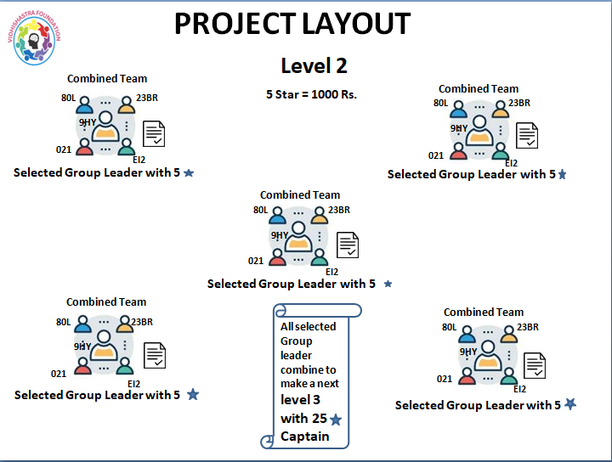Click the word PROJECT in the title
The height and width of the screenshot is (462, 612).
point(229,24)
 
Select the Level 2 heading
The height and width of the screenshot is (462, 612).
point(314,66)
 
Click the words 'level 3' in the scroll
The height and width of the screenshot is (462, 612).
point(301,399)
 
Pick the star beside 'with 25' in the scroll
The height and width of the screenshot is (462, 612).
point(336,420)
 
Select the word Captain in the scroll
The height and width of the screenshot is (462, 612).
point(305,437)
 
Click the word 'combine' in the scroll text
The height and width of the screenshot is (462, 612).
point(298,370)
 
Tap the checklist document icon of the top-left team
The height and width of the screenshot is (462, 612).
point(154,133)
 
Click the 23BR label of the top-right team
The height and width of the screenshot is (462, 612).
point(518,104)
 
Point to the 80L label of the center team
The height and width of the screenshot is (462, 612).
point(260,210)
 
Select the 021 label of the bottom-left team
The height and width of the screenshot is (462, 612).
point(59,374)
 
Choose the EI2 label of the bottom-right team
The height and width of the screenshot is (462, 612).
point(519,389)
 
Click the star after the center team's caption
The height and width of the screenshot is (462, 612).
point(388,284)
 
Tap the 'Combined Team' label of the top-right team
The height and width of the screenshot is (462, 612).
point(479,88)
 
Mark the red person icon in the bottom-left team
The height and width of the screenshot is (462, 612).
point(83,367)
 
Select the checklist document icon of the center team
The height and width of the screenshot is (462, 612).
point(348,245)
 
